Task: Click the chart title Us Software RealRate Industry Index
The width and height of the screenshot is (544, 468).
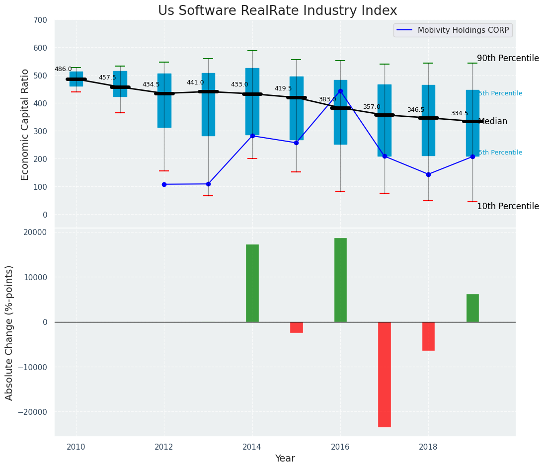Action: click(277, 11)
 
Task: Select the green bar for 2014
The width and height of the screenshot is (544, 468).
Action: click(252, 283)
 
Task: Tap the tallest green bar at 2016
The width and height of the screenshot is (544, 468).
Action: click(340, 280)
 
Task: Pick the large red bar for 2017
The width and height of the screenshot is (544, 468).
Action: click(385, 374)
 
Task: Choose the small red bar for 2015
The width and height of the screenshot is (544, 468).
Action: click(297, 327)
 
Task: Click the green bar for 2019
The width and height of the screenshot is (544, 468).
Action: click(472, 308)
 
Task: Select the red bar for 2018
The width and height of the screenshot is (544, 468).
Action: click(428, 336)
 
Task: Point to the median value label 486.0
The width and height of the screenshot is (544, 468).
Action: click(63, 70)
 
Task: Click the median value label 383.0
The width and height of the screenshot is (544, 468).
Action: click(327, 100)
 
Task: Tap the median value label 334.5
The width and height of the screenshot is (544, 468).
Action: click(460, 114)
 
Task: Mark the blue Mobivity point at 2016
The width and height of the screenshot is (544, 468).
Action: click(340, 91)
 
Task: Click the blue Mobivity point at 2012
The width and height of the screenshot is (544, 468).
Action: click(164, 184)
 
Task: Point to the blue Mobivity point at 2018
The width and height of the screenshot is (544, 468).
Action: click(428, 174)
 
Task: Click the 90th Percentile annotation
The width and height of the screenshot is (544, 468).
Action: click(508, 59)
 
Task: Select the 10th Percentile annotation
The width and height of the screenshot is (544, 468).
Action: click(508, 207)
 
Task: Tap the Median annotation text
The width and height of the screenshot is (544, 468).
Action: click(492, 122)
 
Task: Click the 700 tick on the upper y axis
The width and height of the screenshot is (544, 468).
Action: click(40, 20)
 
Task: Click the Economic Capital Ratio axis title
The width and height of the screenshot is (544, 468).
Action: click(25, 125)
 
